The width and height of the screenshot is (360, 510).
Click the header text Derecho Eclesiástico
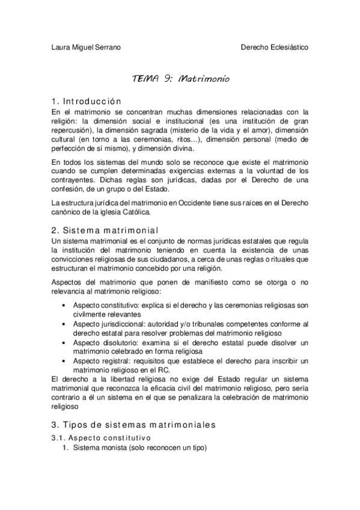click(275, 47)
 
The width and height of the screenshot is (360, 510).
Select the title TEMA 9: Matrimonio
click(180, 79)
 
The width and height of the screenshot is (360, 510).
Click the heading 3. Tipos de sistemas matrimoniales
click(133, 425)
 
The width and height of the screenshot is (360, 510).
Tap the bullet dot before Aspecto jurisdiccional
click(64, 324)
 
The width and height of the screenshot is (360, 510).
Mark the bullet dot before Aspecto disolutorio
click(64, 342)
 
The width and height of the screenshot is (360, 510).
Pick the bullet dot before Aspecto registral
click(64, 361)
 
